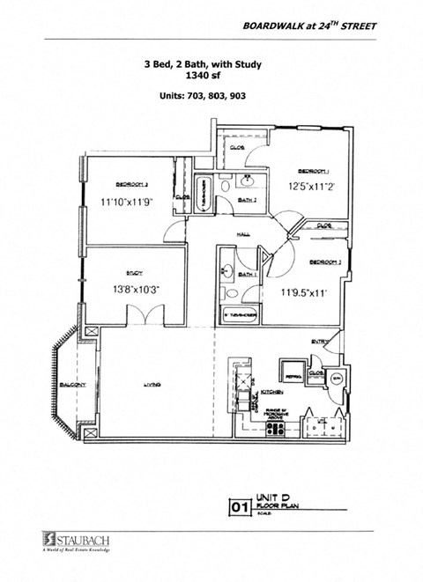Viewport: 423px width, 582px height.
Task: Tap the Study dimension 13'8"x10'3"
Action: point(135,288)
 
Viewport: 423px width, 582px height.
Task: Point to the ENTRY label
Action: point(319,342)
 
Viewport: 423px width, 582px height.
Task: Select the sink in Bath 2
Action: point(247,182)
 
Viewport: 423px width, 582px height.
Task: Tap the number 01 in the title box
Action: point(238,506)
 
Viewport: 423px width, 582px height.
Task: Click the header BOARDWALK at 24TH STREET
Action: point(309,27)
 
